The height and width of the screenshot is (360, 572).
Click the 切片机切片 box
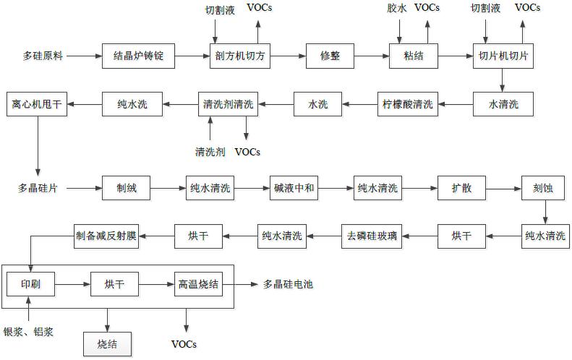point(503,56)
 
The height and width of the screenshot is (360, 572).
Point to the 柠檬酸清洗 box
point(408,104)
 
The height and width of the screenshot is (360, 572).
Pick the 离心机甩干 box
point(38,104)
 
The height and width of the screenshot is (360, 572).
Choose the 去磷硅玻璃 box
point(375,234)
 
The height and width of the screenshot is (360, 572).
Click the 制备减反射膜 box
point(111,234)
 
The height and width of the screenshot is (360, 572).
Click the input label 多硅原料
point(43,56)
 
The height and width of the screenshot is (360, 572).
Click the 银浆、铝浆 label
point(30,331)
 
